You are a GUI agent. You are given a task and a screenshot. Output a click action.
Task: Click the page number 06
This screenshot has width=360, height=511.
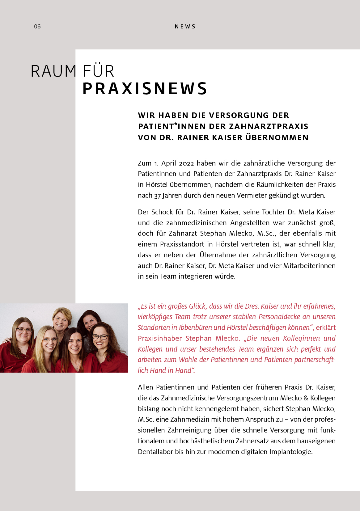pyautogui.click(x=37, y=27)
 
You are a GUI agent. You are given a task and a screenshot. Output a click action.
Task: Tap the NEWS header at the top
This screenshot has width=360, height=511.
pyautogui.click(x=185, y=27)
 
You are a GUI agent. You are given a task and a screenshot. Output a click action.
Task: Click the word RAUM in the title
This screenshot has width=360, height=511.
pyautogui.click(x=53, y=71)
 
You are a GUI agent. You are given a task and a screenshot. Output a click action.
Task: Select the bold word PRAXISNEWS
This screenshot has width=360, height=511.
pyautogui.click(x=145, y=89)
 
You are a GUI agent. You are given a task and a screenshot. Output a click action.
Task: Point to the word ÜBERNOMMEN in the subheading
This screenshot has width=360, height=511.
pyautogui.click(x=277, y=137)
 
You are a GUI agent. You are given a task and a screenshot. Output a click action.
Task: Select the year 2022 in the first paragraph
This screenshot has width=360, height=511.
pyautogui.click(x=186, y=163)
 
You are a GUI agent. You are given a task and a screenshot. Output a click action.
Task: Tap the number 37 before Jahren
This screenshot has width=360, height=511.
pyautogui.click(x=157, y=196)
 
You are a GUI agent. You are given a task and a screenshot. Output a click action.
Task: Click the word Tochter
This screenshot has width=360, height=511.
pyautogui.click(x=273, y=212)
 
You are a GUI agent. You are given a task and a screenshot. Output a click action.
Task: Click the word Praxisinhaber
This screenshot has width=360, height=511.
pyautogui.click(x=160, y=338)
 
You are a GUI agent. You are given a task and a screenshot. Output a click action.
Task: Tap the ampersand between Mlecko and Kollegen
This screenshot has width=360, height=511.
pyautogui.click(x=306, y=398)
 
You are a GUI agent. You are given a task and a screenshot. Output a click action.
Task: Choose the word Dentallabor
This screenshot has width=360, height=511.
pyautogui.click(x=155, y=452)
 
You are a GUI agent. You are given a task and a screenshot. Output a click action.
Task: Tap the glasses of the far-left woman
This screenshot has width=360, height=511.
pyautogui.click(x=24, y=330)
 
